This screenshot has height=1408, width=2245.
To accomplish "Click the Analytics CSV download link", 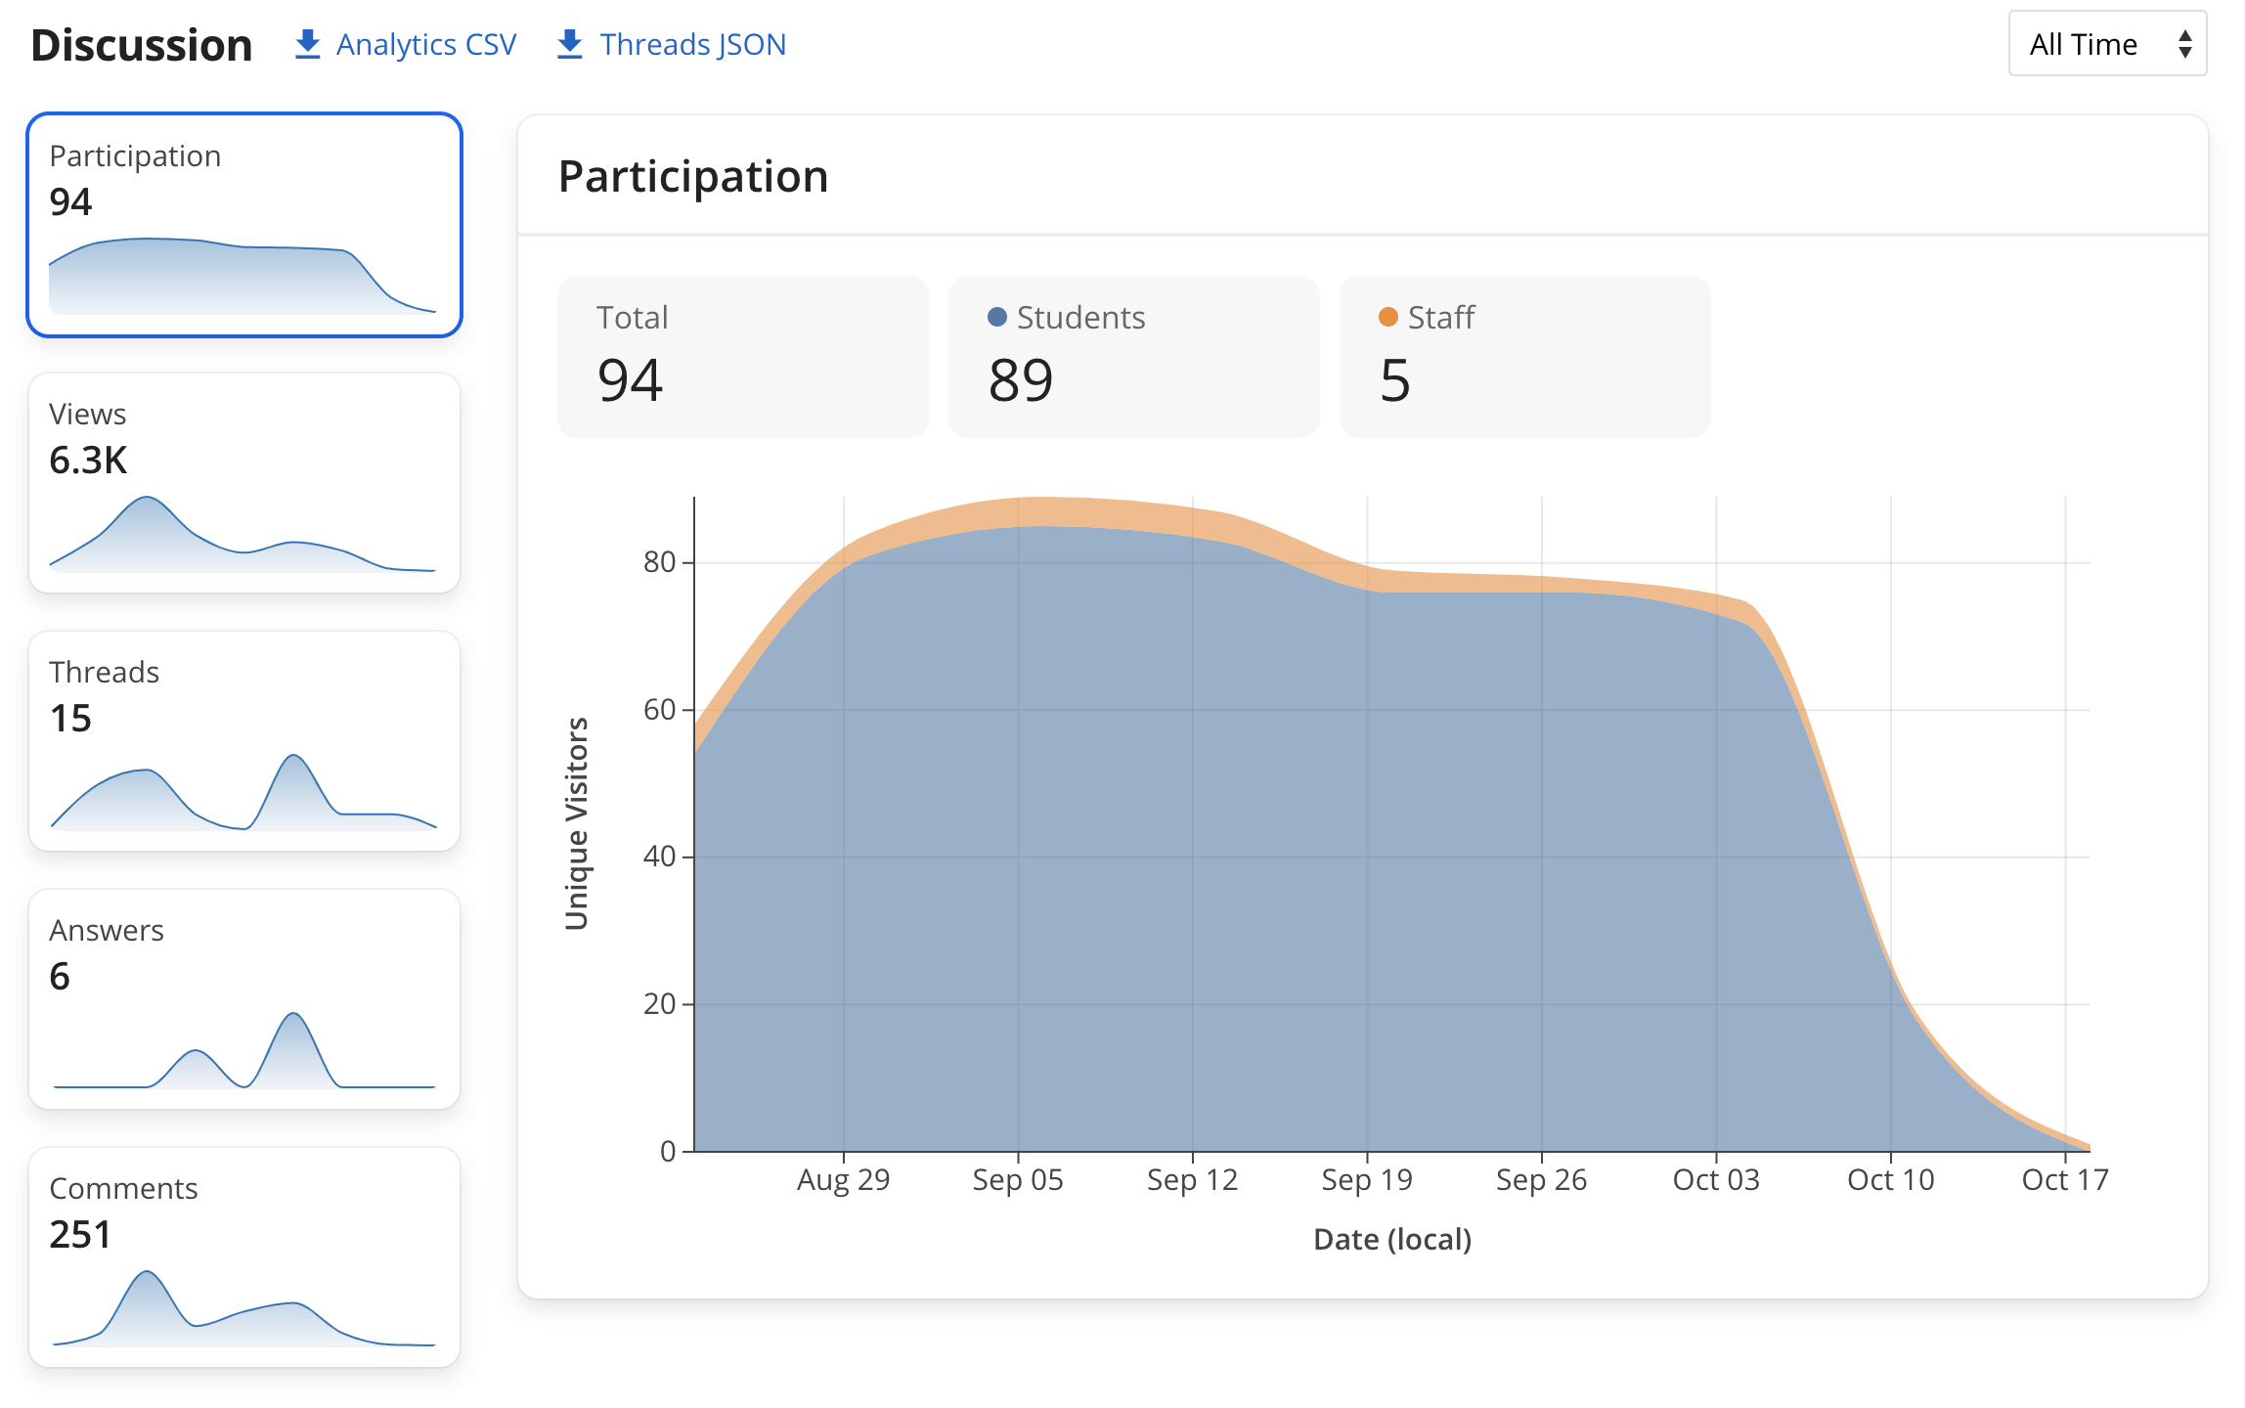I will coord(406,44).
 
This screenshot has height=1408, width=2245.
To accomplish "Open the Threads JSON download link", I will coord(672,44).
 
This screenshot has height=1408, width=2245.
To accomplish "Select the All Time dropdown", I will coord(2106,44).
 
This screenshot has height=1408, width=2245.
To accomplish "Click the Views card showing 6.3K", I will coord(244,483).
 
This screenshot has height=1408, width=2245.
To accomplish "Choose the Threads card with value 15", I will coord(244,741).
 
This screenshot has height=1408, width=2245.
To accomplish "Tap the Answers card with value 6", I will coord(244,999).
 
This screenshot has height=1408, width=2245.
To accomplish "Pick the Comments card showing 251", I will coord(244,1257).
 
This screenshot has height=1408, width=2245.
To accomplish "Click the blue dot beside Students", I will coord(997,317).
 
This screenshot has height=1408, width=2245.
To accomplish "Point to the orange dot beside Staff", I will coord(1387,317).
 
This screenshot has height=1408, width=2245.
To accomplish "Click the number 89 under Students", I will coord(1021,380).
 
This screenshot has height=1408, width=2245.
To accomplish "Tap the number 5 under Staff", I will coord(1395,380).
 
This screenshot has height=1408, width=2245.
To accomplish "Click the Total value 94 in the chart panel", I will coord(631,380).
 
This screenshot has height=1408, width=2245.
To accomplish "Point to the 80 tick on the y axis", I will coord(660,562).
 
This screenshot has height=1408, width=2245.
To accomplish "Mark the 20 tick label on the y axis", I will coord(660,1004).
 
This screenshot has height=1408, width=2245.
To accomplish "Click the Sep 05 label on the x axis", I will coord(1018,1180).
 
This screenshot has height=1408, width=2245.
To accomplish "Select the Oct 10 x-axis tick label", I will coord(1891,1180).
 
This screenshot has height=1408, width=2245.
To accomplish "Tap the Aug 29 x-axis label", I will coord(844,1180).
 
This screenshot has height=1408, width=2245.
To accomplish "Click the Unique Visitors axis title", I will coord(577,823).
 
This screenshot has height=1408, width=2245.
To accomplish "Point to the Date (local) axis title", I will coord(1392,1240).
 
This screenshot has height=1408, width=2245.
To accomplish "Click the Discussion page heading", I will coord(142,45).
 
